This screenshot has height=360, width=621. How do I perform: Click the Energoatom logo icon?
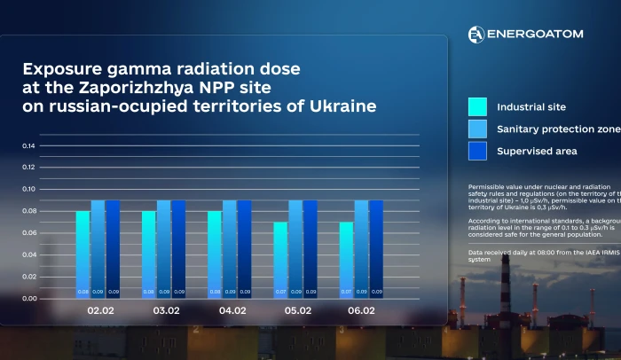point(476,34)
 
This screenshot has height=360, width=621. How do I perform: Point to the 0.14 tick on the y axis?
point(28,145)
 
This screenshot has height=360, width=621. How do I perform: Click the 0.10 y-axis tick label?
point(28,189)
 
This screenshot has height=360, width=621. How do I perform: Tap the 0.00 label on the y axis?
point(28,298)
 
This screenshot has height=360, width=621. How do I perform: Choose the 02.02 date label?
point(98,311)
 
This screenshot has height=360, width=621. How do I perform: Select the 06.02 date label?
point(362,311)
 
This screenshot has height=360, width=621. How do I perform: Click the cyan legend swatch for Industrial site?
point(477,107)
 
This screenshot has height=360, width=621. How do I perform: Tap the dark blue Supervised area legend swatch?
point(477,151)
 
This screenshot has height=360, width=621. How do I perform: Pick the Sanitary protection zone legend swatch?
point(477,129)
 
